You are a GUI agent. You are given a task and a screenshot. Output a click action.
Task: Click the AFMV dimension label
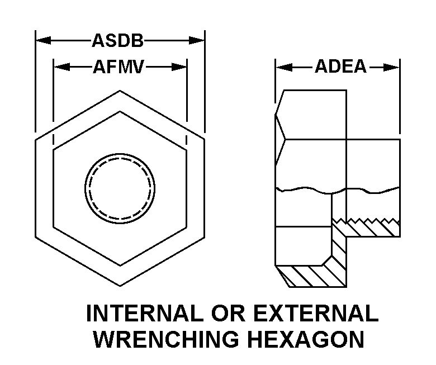(x=120, y=67)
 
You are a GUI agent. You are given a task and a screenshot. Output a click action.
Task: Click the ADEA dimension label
(x=340, y=67)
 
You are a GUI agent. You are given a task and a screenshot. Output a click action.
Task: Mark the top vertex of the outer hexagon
(x=119, y=90)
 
